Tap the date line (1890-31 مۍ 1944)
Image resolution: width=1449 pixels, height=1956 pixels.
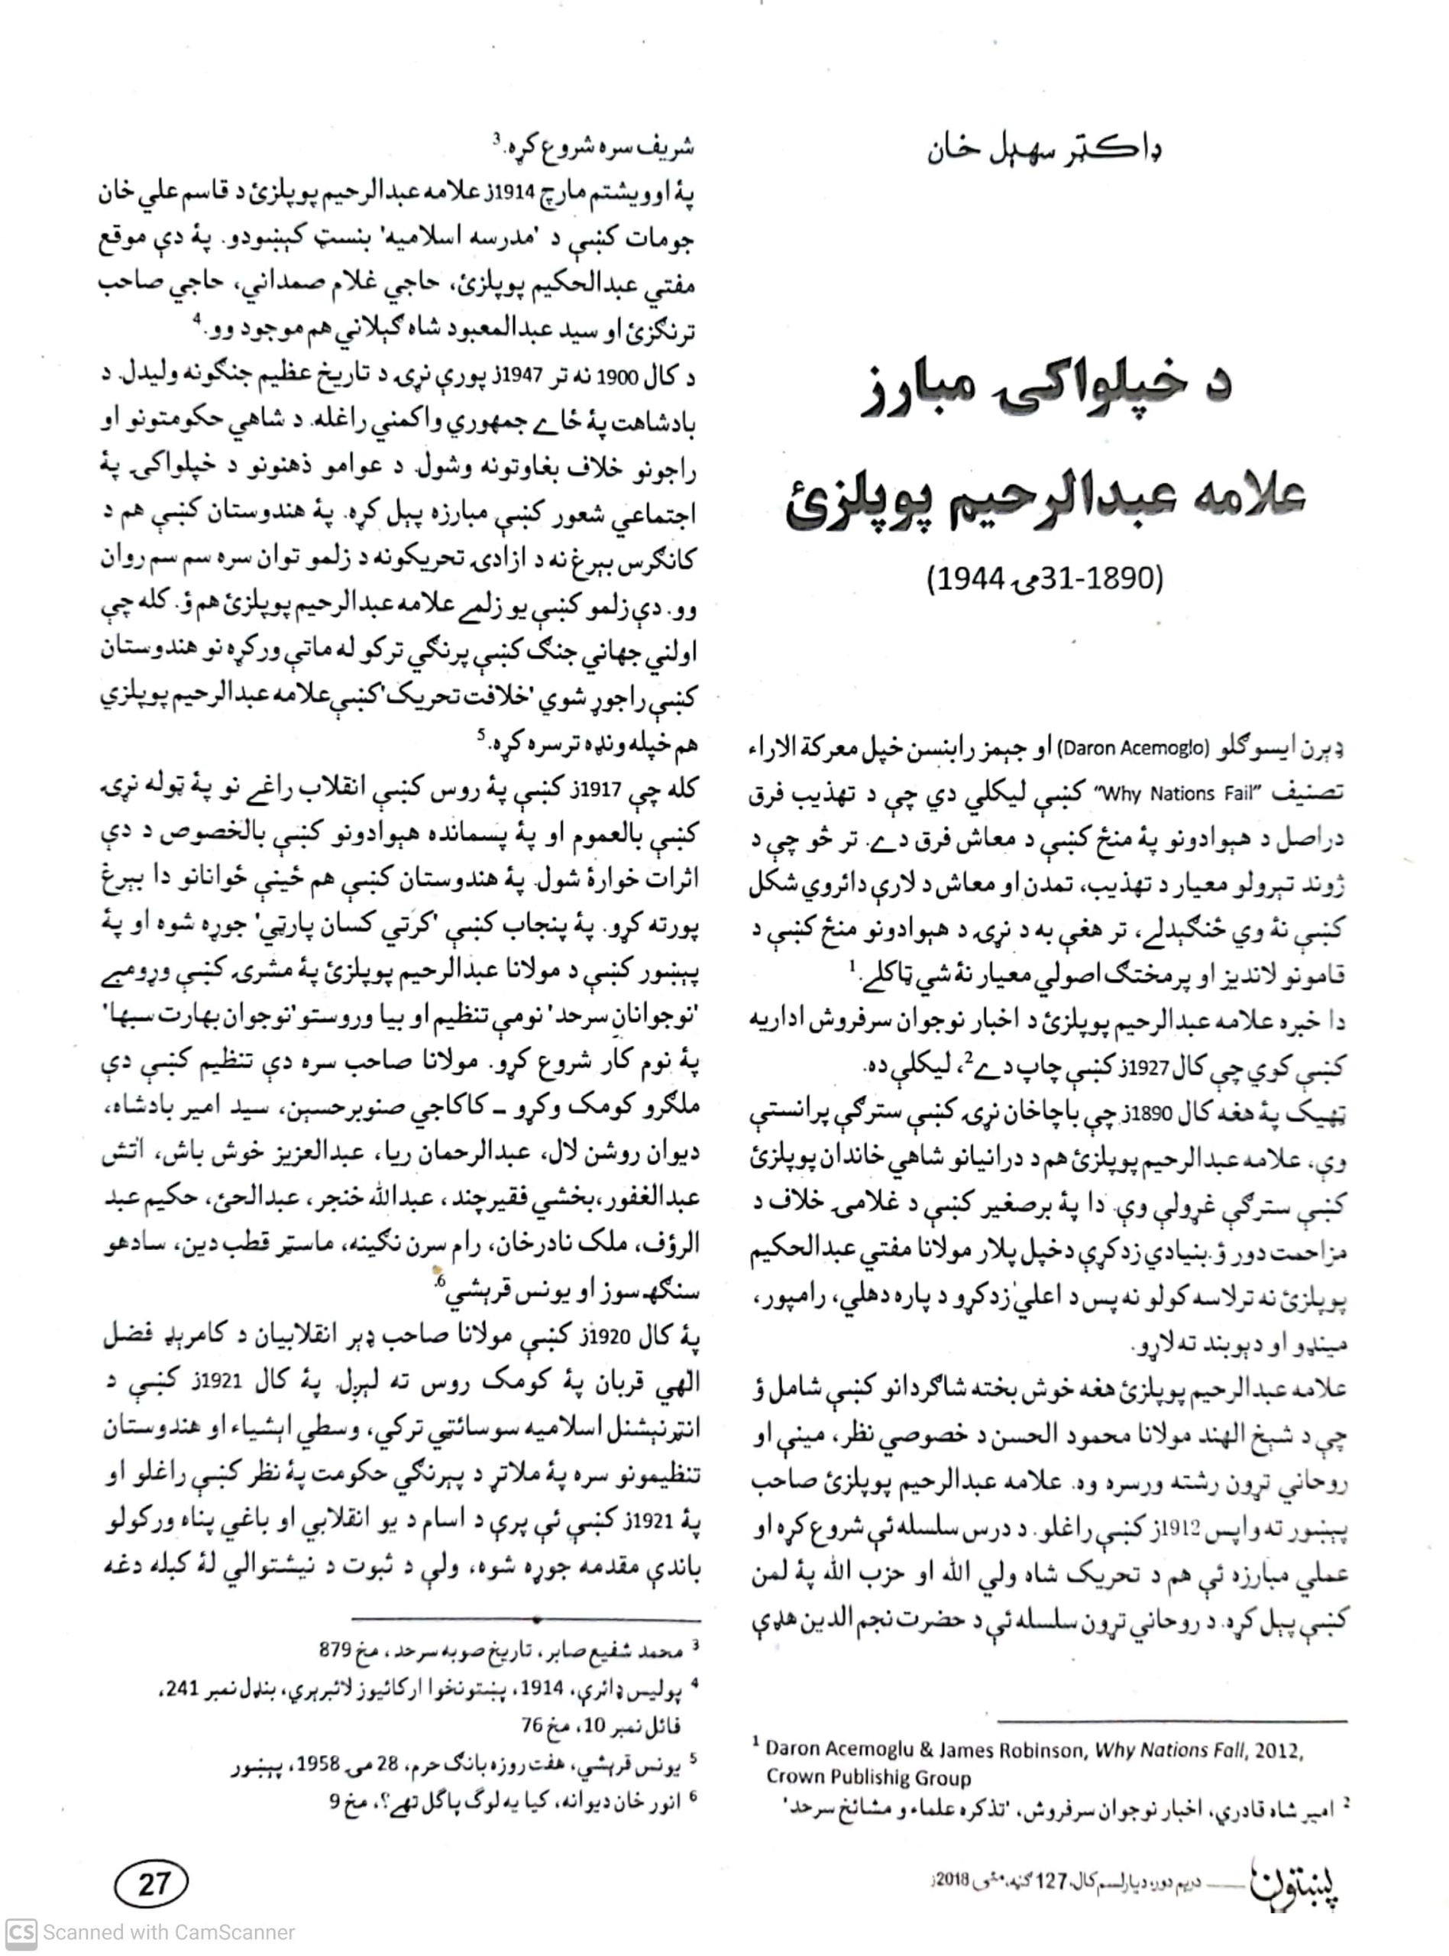pyautogui.click(x=1045, y=579)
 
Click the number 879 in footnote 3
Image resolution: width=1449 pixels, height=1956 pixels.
pyautogui.click(x=335, y=1650)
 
